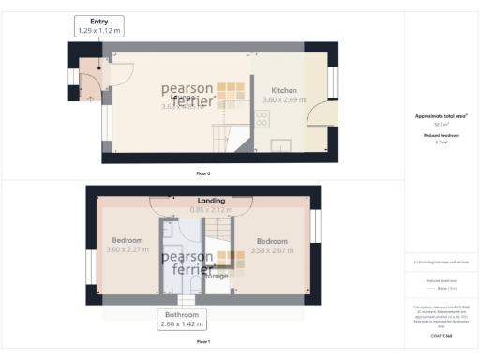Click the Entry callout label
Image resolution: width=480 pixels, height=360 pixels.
coord(99,20)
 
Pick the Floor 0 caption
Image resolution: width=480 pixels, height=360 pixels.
coord(203,174)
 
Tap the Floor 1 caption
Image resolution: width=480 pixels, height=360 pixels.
coord(203,342)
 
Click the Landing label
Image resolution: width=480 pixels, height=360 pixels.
coord(211,201)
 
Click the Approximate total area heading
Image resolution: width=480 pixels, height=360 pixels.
coord(442,116)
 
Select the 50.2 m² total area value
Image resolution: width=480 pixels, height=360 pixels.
coord(441,124)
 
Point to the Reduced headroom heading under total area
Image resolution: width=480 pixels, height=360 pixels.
coord(441,135)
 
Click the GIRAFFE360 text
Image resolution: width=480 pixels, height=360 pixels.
coord(442,333)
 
